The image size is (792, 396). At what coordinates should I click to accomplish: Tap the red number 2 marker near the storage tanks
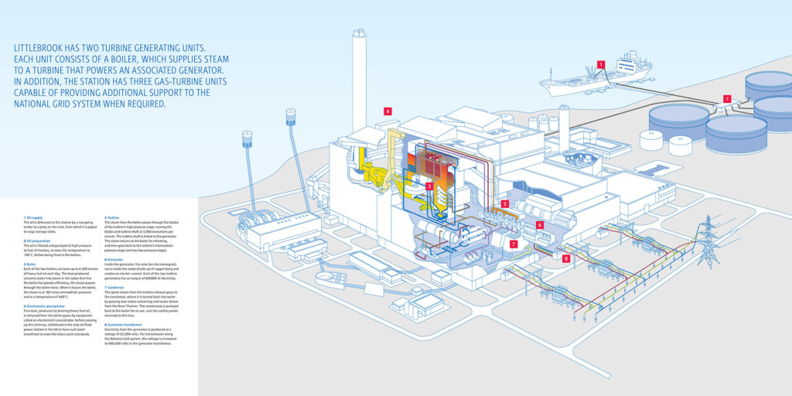coord(726,99)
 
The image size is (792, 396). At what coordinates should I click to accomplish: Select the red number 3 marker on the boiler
coord(429,186)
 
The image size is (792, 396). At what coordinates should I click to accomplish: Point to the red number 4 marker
coord(387,111)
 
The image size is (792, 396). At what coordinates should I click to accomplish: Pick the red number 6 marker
coord(540,224)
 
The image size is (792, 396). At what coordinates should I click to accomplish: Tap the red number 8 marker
coord(566,258)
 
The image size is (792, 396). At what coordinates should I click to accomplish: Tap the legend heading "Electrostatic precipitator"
coord(46,295)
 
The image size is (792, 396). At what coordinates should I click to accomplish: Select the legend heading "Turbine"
coord(112,219)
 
